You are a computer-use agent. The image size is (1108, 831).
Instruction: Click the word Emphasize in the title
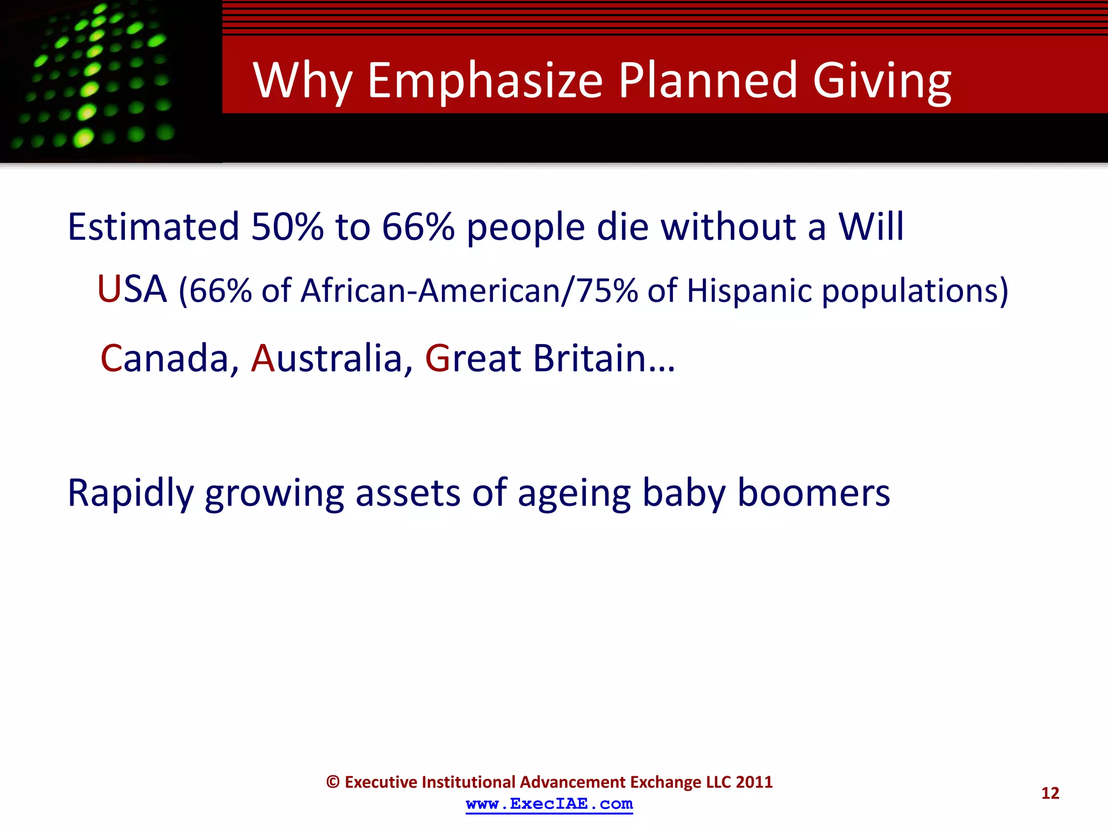[484, 81]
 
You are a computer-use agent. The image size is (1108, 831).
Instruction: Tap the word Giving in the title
[881, 81]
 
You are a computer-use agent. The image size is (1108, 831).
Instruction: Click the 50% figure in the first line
[287, 227]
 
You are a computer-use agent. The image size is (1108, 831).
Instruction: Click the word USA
[132, 289]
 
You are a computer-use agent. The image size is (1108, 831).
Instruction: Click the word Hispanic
[749, 291]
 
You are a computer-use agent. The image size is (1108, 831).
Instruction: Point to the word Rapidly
[130, 493]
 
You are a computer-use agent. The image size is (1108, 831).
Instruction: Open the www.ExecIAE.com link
[549, 804]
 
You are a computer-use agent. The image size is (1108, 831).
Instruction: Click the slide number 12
[1050, 793]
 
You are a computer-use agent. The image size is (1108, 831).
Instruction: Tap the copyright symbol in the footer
[333, 782]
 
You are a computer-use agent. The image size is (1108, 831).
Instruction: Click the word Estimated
[153, 227]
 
